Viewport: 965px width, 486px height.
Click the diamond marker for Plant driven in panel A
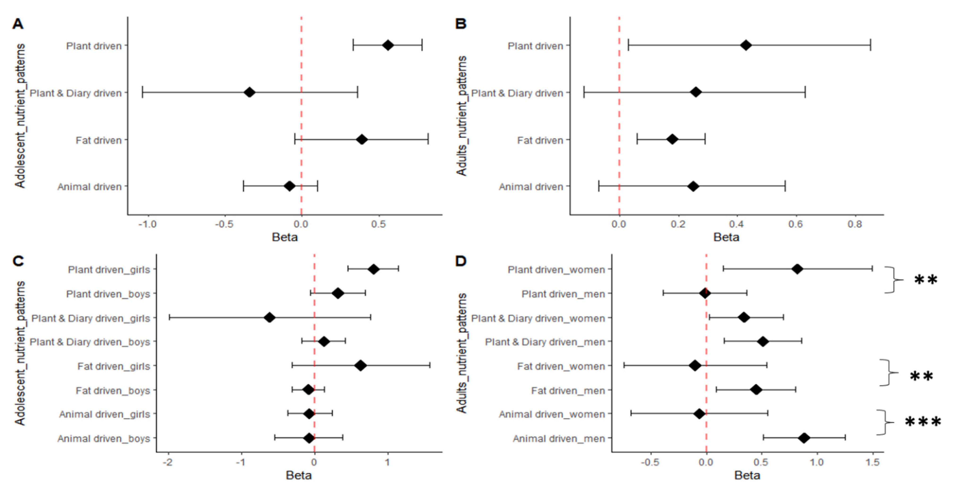coord(388,46)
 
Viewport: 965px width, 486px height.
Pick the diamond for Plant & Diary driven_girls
coord(269,318)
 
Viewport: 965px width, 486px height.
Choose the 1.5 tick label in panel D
coord(872,462)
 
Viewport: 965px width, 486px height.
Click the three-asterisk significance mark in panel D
coord(923,422)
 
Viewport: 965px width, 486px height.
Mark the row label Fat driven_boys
coord(113,391)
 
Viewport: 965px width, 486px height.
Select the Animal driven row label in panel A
coord(89,187)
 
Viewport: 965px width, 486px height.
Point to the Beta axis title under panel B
coord(726,237)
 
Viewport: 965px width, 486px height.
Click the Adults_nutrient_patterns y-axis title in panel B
coord(462,116)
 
